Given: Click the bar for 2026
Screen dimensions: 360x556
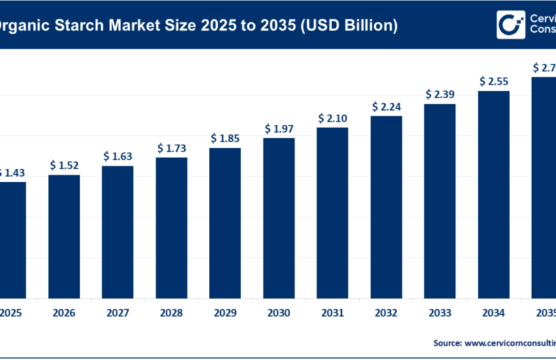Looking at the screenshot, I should pyautogui.click(x=64, y=236).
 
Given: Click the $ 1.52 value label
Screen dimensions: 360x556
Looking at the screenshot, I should pyautogui.click(x=64, y=166).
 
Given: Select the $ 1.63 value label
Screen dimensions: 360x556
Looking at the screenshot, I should pyautogui.click(x=118, y=156).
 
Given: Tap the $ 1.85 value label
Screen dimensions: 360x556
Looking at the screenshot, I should pyautogui.click(x=225, y=139).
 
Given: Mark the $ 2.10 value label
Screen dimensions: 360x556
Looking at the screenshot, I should pyautogui.click(x=332, y=118).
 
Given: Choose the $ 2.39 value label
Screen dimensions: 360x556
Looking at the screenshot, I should pyautogui.click(x=440, y=95).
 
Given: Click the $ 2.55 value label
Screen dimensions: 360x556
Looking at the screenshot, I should pyautogui.click(x=494, y=82).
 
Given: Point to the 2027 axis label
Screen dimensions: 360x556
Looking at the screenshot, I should pyautogui.click(x=118, y=314).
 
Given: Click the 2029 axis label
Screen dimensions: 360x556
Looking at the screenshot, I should pyautogui.click(x=225, y=314).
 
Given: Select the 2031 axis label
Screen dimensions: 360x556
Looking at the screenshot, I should pyautogui.click(x=332, y=314).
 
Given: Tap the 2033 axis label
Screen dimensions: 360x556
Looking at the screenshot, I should pyautogui.click(x=440, y=314).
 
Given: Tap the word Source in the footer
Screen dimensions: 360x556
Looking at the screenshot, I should pyautogui.click(x=448, y=342).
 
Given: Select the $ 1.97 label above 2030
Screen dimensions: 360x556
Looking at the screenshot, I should pyautogui.click(x=279, y=129).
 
